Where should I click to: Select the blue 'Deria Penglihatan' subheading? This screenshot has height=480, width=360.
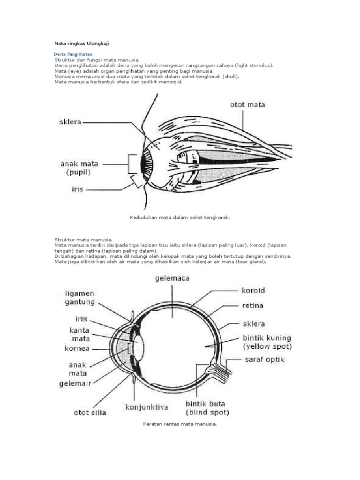click(x=73, y=54)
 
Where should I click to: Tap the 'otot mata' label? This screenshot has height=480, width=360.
click(x=247, y=105)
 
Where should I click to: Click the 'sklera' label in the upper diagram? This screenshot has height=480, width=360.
click(x=70, y=122)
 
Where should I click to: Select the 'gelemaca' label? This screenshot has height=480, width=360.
click(x=172, y=278)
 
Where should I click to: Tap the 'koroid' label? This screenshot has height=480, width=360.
click(x=254, y=291)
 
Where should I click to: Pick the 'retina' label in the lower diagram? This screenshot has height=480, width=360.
click(x=252, y=306)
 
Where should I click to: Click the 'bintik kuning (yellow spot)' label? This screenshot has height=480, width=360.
click(x=267, y=342)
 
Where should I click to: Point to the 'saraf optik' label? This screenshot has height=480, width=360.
click(x=264, y=360)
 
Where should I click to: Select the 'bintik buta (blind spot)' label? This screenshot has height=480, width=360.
click(x=207, y=408)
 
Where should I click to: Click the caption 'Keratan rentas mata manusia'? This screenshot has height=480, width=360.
click(x=180, y=424)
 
